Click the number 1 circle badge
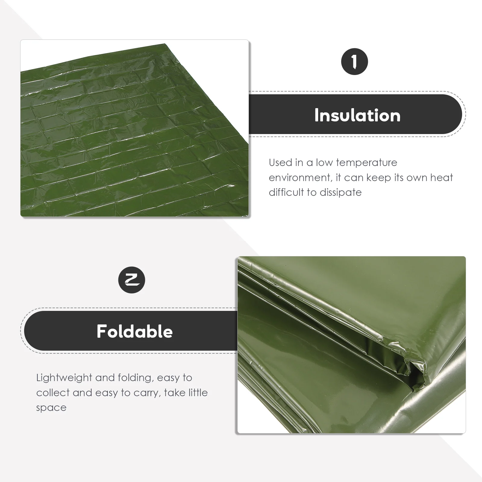[x=354, y=62]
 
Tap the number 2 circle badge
[x=132, y=280]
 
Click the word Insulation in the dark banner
[x=357, y=115]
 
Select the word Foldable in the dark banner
[x=135, y=331]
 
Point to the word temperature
[x=367, y=163]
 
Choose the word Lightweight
[x=64, y=378]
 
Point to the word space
[x=51, y=408]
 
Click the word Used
[x=281, y=163]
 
